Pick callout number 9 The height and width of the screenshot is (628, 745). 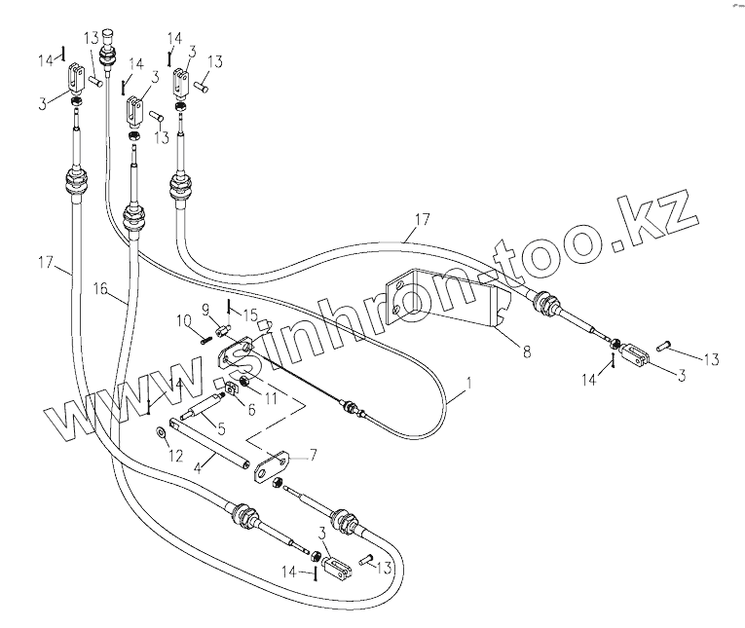[x=206, y=311]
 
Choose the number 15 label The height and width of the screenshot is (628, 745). [x=251, y=314]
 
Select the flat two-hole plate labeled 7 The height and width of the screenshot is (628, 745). [x=274, y=466]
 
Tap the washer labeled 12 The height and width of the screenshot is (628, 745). [x=161, y=431]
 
